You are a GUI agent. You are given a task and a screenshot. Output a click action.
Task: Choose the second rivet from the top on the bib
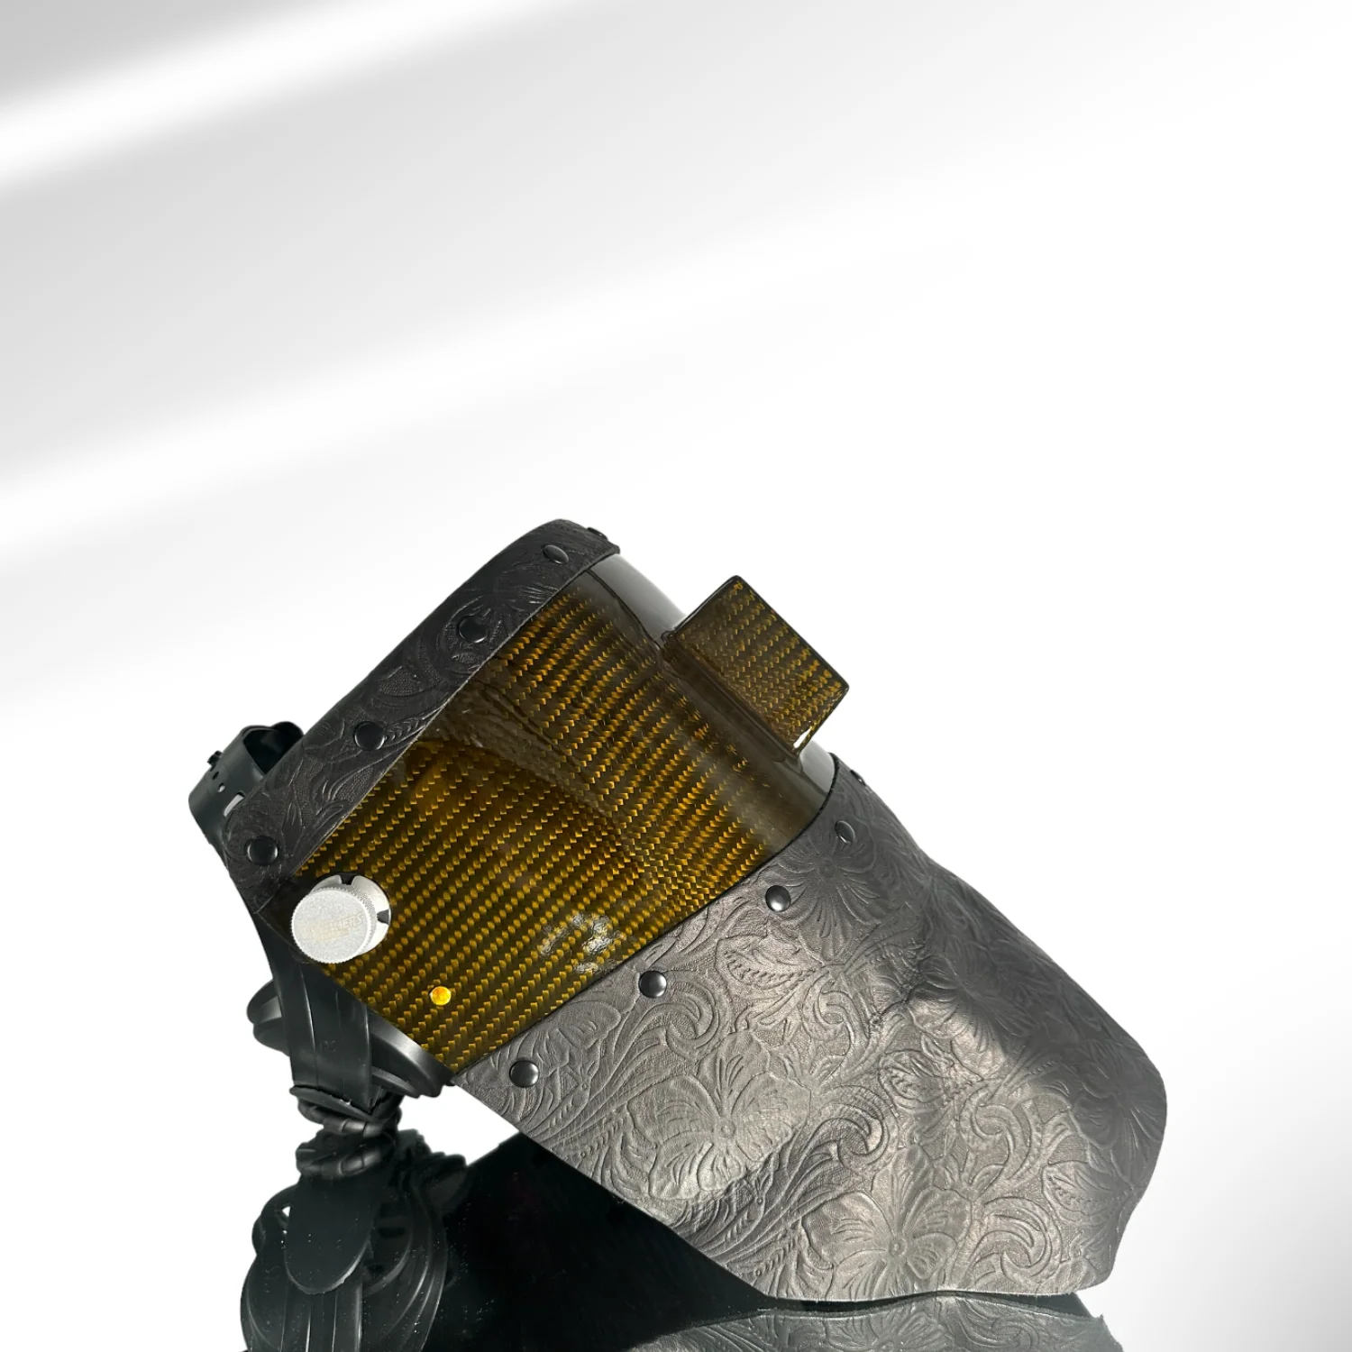[x=775, y=895]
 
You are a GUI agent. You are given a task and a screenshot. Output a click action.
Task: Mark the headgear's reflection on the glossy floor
[x=297, y=1262]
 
